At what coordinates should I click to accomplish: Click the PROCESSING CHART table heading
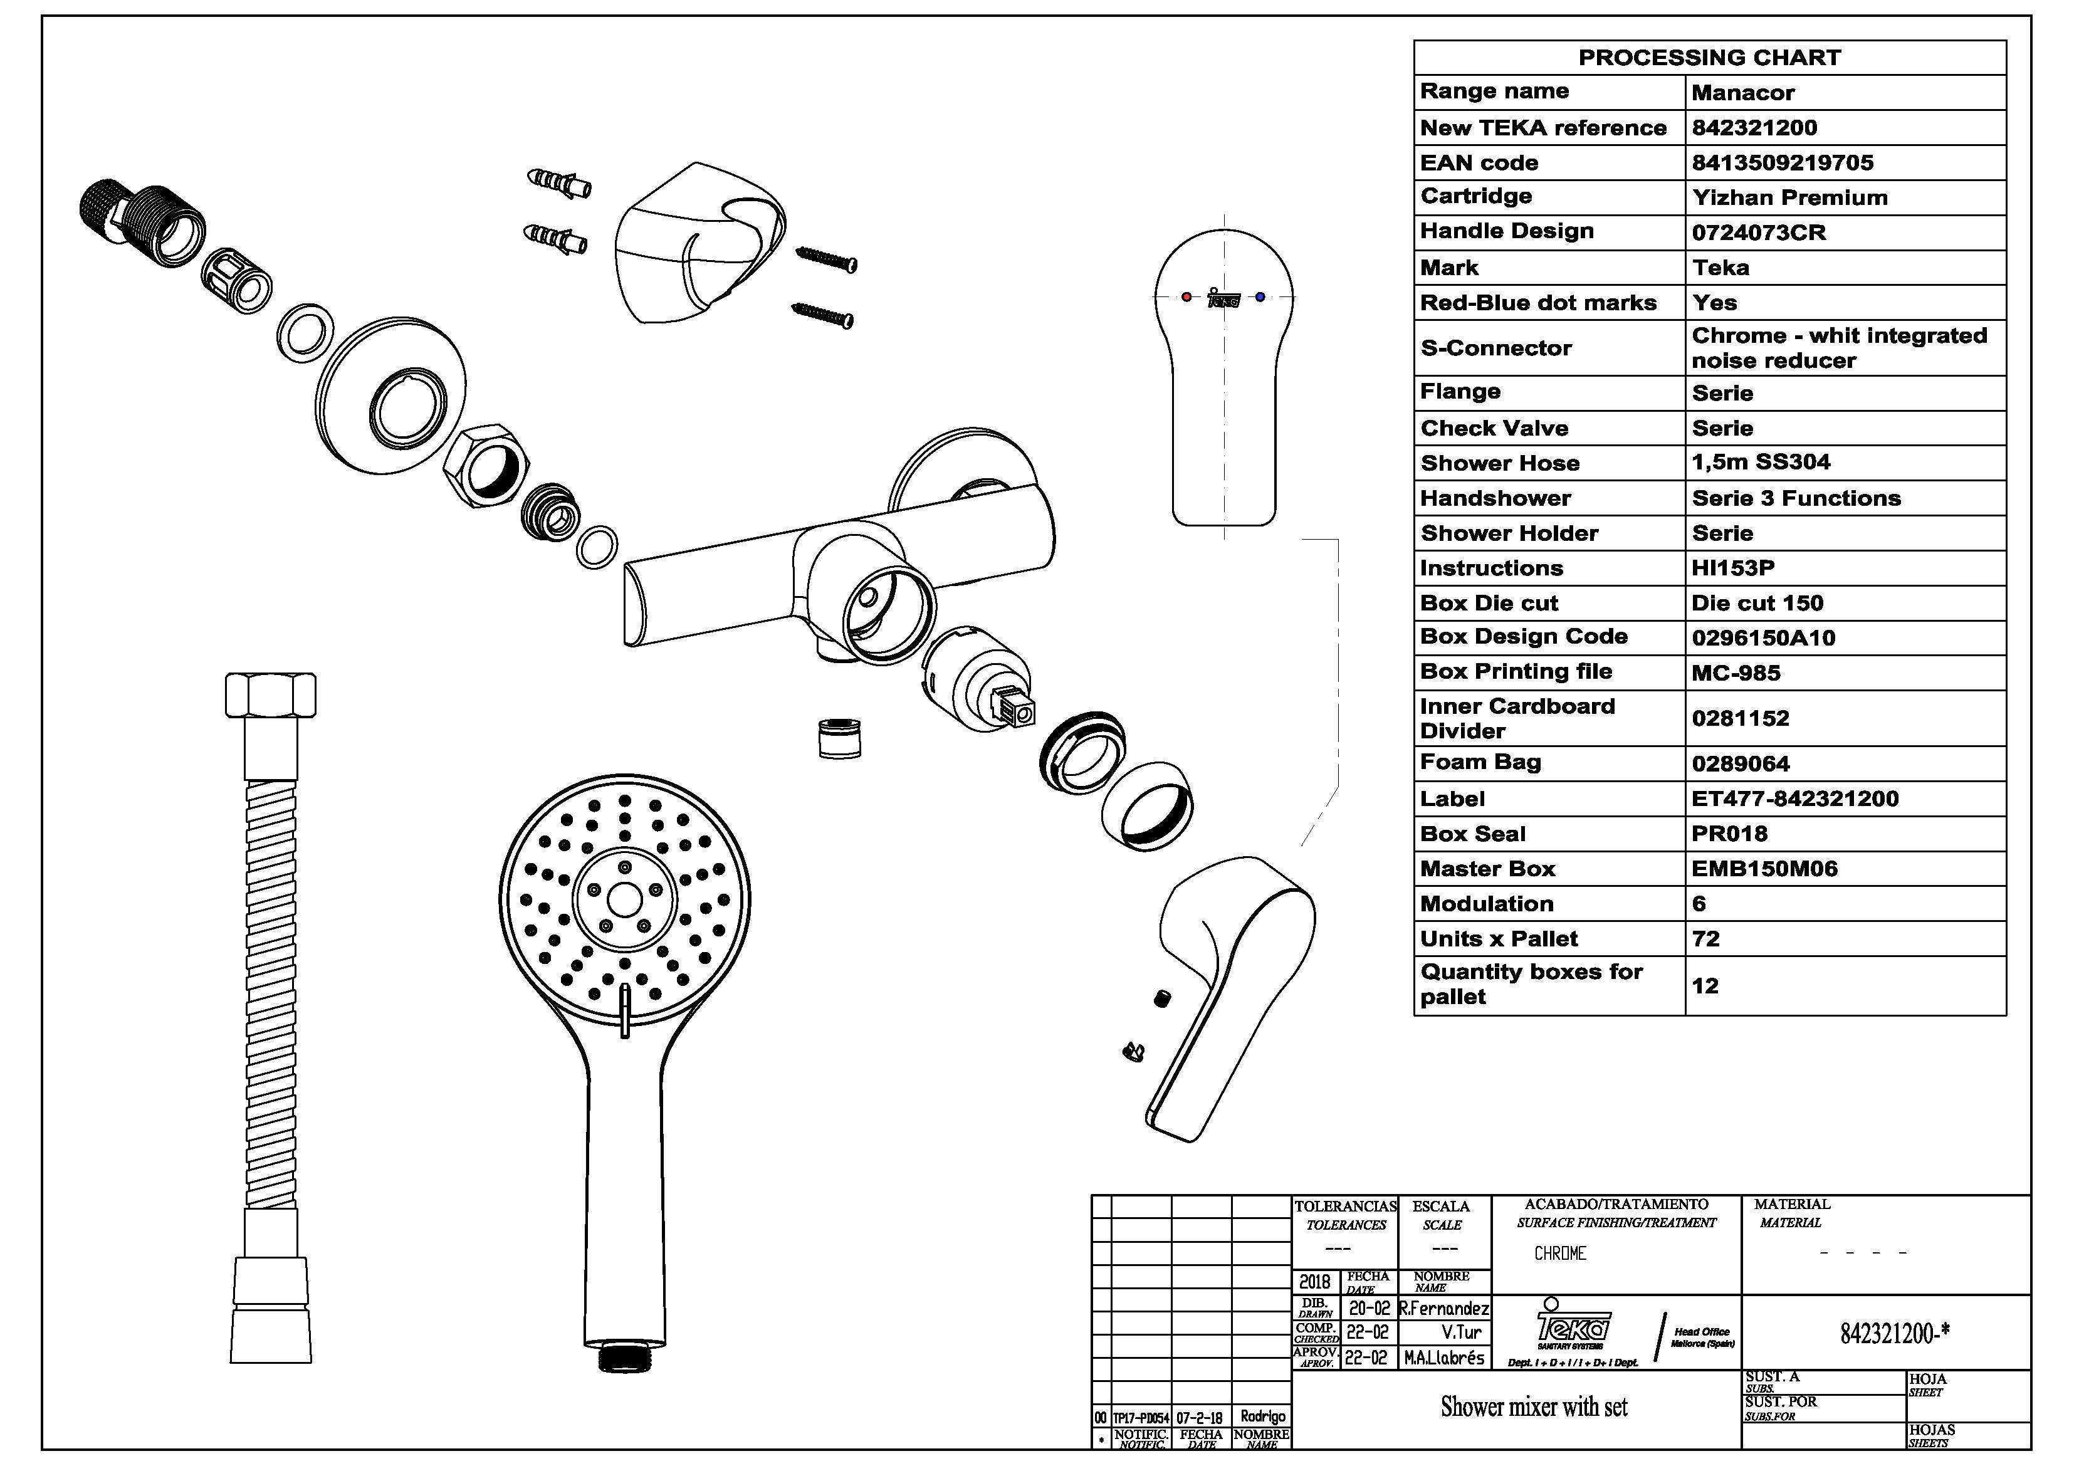tap(1709, 58)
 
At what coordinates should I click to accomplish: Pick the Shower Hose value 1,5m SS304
tap(1761, 463)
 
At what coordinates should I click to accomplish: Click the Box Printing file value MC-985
tap(1736, 673)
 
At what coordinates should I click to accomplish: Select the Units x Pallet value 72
tap(1705, 938)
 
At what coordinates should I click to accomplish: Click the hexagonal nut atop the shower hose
tap(270, 694)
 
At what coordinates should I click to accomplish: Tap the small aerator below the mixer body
tap(837, 738)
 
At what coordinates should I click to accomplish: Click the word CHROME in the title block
tap(1560, 1254)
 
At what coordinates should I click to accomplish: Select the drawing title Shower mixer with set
tap(1534, 1406)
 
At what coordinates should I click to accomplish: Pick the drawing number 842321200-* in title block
tap(1894, 1333)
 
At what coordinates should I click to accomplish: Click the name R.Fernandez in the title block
tap(1443, 1308)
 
